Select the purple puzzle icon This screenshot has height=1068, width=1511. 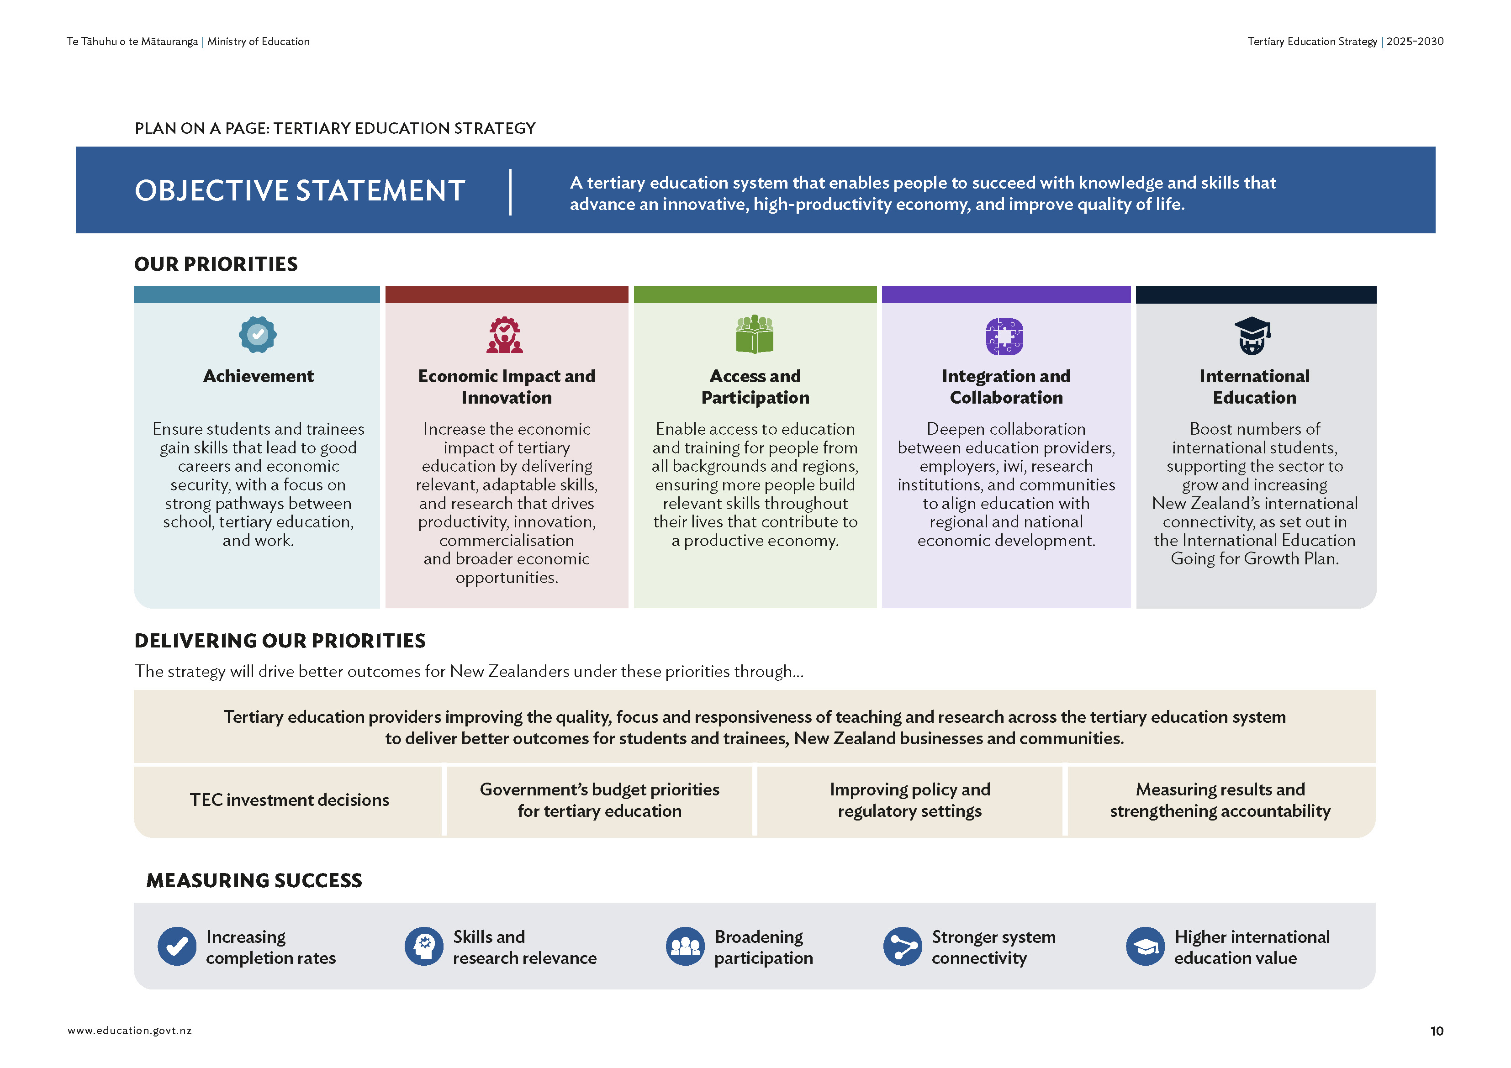tap(1004, 336)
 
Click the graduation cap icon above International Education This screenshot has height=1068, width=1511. tap(1252, 335)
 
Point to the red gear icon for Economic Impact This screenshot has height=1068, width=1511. tap(505, 335)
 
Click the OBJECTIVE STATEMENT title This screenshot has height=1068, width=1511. tap(300, 191)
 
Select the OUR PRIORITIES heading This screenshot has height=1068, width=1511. tap(216, 264)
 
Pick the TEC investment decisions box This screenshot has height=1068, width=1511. tap(289, 800)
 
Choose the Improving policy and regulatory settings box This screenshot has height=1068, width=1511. tap(909, 800)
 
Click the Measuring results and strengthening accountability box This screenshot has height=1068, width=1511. tap(1220, 800)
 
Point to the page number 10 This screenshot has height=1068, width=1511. tap(1437, 1031)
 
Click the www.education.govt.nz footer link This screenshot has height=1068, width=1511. tap(130, 1031)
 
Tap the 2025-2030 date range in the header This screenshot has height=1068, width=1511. tap(1415, 42)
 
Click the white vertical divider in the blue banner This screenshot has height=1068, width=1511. tap(510, 192)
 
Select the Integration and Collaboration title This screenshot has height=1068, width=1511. tap(1005, 386)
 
